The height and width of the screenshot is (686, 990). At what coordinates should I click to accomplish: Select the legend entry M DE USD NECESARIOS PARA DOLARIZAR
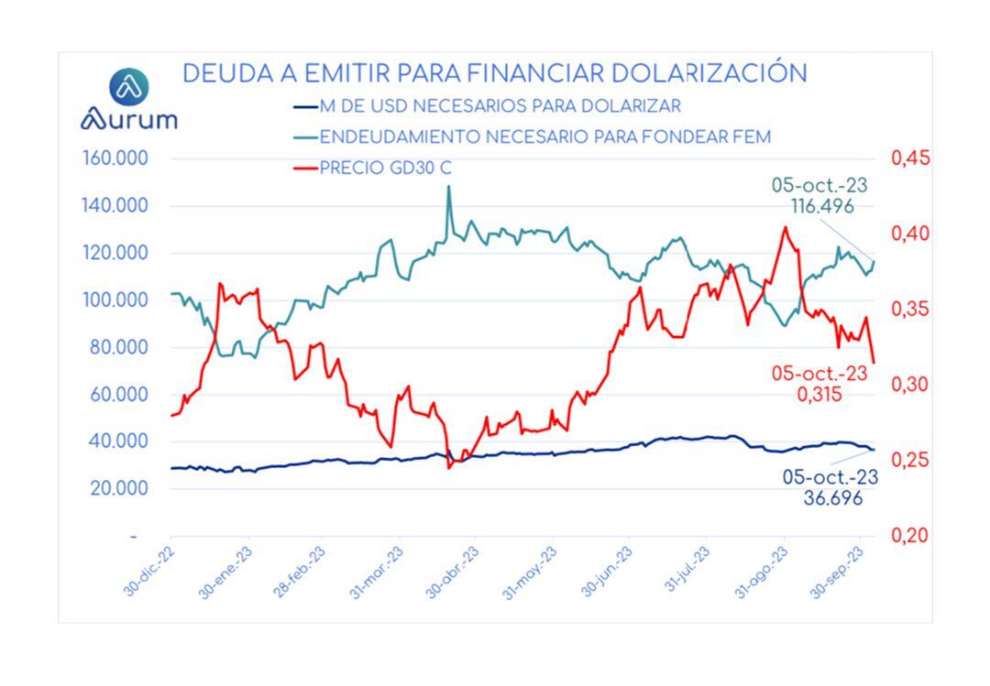(x=500, y=105)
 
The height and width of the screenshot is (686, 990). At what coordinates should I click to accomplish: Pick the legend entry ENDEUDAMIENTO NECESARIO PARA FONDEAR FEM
(x=545, y=137)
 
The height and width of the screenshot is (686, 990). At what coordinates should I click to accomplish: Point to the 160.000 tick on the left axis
(x=115, y=158)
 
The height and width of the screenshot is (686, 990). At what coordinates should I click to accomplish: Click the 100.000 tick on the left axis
(x=115, y=300)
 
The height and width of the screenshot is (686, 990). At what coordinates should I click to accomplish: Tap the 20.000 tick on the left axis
(x=118, y=488)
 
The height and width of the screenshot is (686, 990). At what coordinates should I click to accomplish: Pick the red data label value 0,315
(x=819, y=395)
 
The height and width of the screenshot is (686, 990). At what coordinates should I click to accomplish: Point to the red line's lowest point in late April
(x=450, y=468)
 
